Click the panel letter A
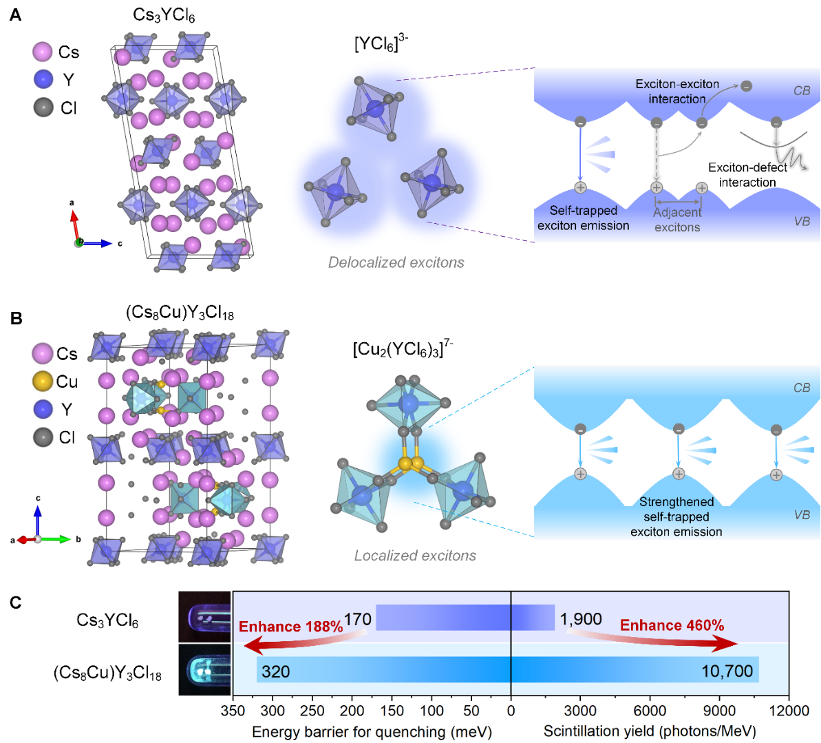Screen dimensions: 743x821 point(15,14)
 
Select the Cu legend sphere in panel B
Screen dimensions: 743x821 point(43,381)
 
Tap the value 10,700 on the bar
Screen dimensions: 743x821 point(727,671)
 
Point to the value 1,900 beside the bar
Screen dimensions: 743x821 point(581,619)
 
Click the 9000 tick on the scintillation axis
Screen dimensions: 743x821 point(720,710)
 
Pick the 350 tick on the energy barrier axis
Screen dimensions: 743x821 point(234,710)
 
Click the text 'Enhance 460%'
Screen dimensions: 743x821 point(672,625)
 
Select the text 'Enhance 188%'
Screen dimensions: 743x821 point(290,627)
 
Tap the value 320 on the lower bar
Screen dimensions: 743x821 point(275,671)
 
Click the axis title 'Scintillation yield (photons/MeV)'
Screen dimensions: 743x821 point(650,731)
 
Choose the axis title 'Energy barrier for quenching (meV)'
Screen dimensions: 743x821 point(372,731)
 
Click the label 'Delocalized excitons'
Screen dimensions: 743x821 point(396,262)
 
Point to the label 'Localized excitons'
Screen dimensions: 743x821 point(415,556)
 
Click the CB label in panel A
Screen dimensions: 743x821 point(802,91)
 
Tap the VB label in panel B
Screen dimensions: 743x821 point(802,515)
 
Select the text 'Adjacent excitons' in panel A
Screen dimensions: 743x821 point(677,220)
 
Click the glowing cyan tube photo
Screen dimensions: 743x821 point(204,669)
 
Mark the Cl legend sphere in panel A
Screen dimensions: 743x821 point(43,107)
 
